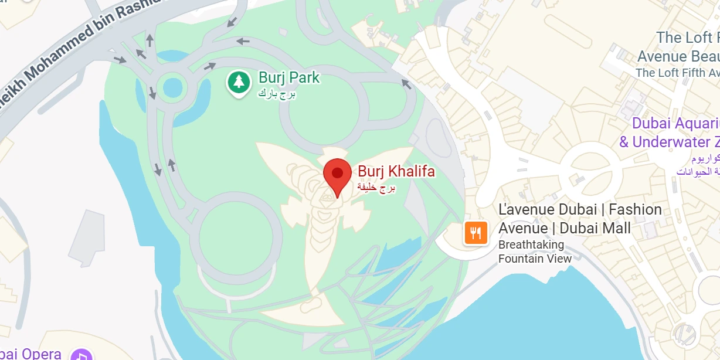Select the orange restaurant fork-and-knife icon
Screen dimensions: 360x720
coord(476,233)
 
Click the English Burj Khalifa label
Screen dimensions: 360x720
coord(396,172)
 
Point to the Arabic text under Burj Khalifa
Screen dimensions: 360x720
coord(377,188)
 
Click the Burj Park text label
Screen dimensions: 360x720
coord(289,77)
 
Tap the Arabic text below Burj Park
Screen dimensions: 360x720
coord(277,93)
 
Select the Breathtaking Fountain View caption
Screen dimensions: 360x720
coord(535,252)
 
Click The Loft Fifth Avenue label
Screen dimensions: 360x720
coord(678,73)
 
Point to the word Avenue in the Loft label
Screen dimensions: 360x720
coord(662,56)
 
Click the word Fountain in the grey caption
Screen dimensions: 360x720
coord(521,259)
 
